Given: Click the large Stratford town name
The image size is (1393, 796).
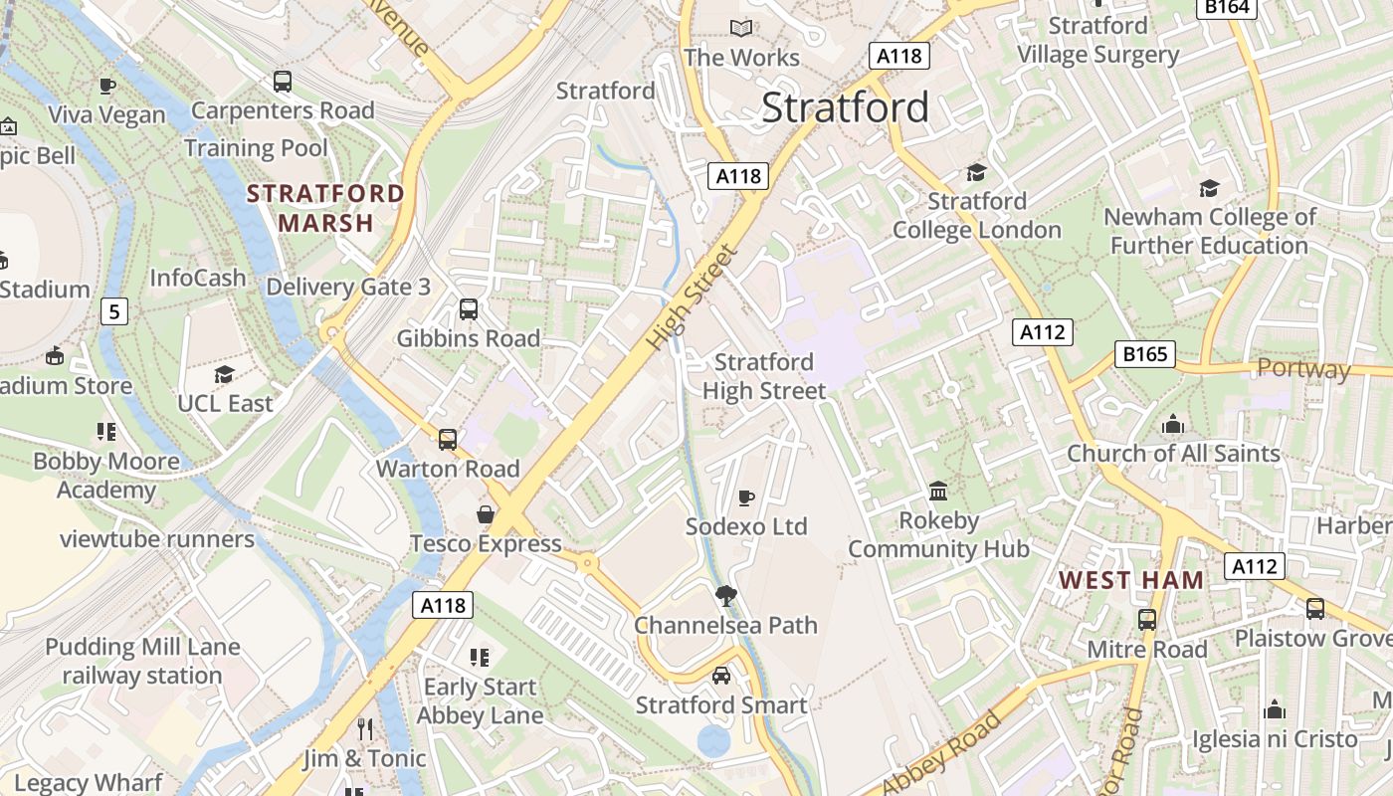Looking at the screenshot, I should pos(845,107).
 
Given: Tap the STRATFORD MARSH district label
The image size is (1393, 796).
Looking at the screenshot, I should pos(325,208).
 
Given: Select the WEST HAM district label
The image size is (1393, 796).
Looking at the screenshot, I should pos(1130,580).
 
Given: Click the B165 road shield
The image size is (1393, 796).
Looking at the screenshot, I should pos(1144,353).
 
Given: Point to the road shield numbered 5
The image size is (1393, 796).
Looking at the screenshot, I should pos(114,312).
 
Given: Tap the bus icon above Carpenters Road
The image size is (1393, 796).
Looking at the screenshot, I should pos(283,82).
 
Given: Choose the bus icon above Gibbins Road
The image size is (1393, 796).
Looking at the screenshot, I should pos(469,309).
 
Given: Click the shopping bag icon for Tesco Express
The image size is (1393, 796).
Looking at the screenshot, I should pos(486,514).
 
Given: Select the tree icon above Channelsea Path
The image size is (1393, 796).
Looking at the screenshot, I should pos(726,596).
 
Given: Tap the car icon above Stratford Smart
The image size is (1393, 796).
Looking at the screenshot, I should pos(721,676).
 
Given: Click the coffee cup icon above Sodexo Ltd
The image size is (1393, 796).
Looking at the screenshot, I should pos(746,497).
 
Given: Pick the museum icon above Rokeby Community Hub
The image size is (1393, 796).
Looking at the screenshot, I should pos(938,491).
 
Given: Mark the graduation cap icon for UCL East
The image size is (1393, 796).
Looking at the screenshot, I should pos(225,375).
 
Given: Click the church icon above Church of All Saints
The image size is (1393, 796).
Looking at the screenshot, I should pos(1173,425).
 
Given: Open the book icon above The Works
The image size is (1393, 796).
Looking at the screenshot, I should pos(741,29).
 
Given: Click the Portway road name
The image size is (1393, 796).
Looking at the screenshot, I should pos(1303,369).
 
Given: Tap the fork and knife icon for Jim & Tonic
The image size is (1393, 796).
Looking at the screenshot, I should pos(365,729).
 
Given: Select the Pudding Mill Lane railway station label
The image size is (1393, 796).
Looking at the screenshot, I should pos(142,661).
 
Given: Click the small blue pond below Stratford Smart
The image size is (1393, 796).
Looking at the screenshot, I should pos(713,741).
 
